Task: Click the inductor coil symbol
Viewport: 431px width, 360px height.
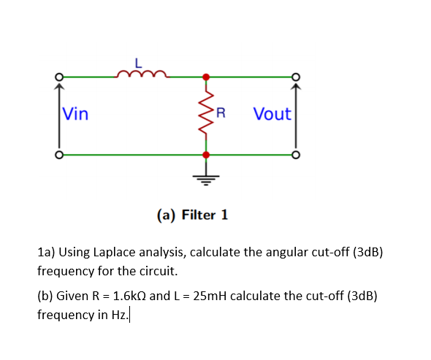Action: [143, 72]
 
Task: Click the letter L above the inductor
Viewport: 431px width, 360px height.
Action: [143, 58]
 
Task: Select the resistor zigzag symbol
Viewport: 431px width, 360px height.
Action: [205, 115]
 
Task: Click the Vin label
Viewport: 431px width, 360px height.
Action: [75, 114]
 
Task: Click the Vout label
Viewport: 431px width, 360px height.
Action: [272, 114]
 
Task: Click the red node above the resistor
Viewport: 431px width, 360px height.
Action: [205, 76]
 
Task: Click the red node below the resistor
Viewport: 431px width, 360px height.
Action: [205, 154]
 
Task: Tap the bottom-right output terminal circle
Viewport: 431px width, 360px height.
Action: [295, 154]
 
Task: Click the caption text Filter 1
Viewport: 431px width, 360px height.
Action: [204, 215]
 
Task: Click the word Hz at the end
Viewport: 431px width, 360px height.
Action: [120, 315]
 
